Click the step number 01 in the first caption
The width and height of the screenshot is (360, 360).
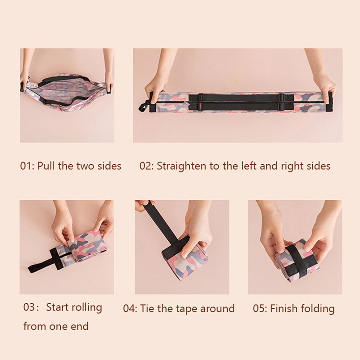(x=26, y=166)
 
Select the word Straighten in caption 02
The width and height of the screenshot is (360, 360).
(x=181, y=166)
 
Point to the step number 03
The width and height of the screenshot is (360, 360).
(x=29, y=307)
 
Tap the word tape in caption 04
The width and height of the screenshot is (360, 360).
(x=187, y=309)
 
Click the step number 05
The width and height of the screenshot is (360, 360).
(x=259, y=308)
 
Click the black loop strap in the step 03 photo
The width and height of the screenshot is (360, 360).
(x=42, y=261)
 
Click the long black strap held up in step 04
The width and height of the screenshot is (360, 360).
(x=162, y=221)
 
